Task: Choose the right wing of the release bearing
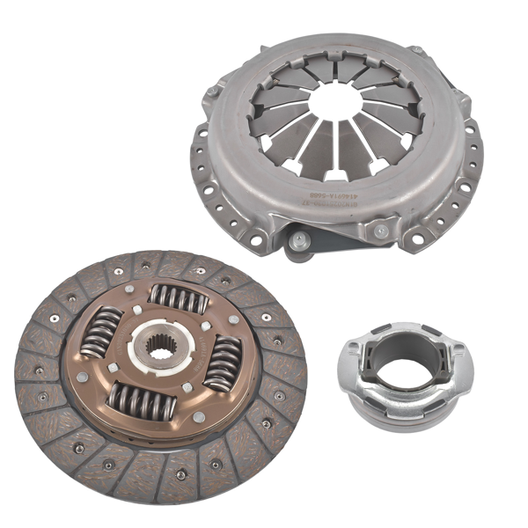(x=458, y=351)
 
